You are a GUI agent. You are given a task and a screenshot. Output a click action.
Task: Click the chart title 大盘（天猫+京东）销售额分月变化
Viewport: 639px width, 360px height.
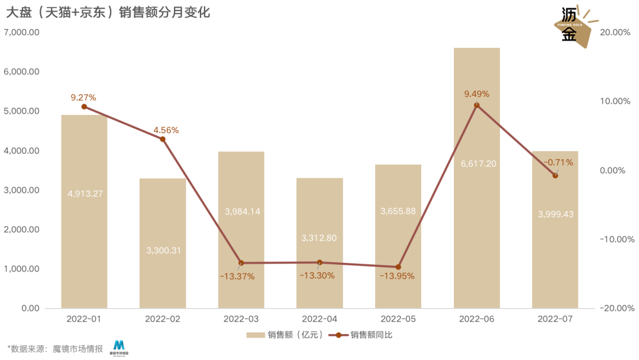point(108,12)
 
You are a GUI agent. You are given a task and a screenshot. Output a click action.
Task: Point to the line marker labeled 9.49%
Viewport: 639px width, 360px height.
point(477,105)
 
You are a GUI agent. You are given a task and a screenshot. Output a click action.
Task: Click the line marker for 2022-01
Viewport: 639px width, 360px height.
point(84,107)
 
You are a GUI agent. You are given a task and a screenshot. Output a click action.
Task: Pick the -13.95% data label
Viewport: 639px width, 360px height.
point(397,276)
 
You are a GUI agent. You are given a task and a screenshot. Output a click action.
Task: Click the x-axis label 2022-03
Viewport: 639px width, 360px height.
point(241,319)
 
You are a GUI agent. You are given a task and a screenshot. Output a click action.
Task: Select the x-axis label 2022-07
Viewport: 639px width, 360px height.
point(555,319)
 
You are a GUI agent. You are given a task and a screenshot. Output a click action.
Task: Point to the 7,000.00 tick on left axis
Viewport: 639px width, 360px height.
point(21,32)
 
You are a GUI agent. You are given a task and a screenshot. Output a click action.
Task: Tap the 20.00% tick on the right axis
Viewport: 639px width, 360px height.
point(615,32)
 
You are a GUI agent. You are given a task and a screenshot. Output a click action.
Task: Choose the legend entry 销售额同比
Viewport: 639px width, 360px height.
point(369,335)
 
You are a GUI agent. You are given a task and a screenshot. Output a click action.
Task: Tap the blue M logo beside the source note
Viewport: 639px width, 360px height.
point(120,347)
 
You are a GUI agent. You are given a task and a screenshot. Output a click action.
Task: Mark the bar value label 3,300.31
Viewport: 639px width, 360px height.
point(163,250)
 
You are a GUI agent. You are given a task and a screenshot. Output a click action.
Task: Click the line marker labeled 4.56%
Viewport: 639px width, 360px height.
point(163,139)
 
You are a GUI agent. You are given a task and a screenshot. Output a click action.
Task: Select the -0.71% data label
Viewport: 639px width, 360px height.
point(559,162)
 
